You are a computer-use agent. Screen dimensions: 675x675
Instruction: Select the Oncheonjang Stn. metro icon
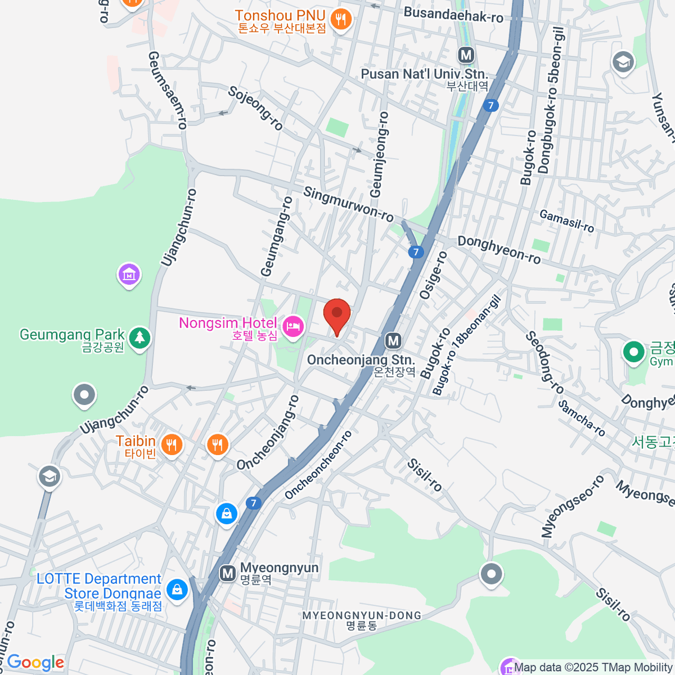[x=393, y=340]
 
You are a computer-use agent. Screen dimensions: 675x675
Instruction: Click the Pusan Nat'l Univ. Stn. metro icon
[x=466, y=55]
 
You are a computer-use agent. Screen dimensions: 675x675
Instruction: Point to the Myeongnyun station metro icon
[x=227, y=573]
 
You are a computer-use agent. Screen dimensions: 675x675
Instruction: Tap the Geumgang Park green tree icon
[x=139, y=337]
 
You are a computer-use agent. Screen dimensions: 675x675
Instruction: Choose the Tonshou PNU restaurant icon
[x=340, y=20]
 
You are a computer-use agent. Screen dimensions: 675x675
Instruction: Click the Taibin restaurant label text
[x=136, y=442]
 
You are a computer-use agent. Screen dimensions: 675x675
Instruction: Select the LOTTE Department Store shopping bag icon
[x=177, y=589]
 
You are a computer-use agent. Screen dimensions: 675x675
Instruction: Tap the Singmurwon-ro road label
[x=348, y=204]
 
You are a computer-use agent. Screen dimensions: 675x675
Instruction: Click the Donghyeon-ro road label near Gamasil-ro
[x=499, y=250]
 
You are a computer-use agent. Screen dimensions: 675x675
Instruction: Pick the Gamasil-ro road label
[x=566, y=221]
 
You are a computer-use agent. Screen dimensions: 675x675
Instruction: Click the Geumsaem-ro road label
[x=166, y=90]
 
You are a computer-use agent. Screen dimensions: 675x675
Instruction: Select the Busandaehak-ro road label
[x=453, y=15]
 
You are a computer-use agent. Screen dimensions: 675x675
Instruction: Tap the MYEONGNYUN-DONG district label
[x=362, y=616]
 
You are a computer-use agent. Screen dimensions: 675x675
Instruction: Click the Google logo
[x=35, y=663]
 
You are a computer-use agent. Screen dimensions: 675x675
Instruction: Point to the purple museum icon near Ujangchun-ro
[x=129, y=274]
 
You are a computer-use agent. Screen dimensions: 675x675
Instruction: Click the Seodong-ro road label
[x=544, y=362]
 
